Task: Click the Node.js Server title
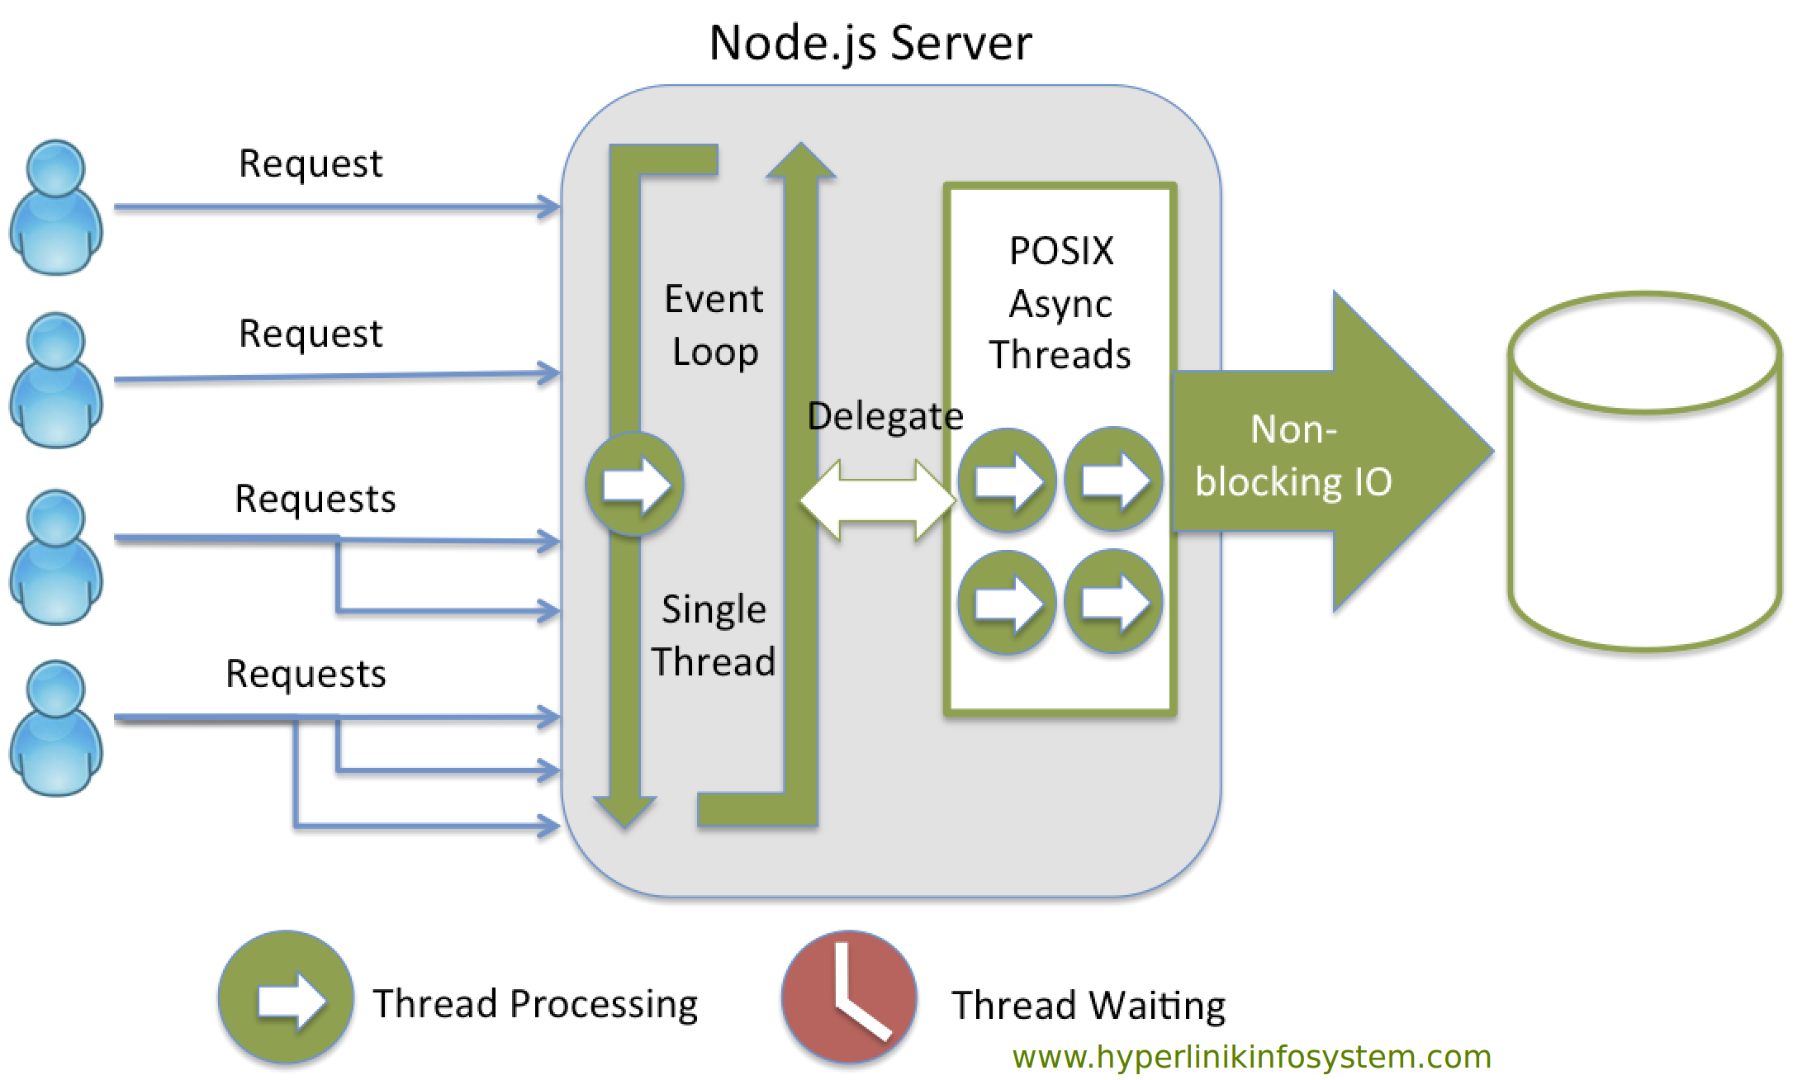click(870, 43)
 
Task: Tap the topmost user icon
click(56, 206)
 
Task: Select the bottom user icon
click(56, 727)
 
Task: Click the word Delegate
click(885, 415)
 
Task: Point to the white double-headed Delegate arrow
click(878, 500)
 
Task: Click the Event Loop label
click(714, 325)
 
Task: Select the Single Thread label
click(714, 635)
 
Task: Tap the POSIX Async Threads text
click(1060, 302)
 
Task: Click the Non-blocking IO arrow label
click(1293, 455)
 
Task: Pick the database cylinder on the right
click(1644, 471)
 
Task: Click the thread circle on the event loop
click(634, 484)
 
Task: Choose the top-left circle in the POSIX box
click(1007, 480)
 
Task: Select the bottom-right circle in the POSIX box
click(1113, 601)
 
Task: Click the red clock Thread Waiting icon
click(849, 997)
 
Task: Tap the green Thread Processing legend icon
click(286, 997)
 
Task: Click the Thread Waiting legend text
click(1088, 1005)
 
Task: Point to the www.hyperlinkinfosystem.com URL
click(1252, 1057)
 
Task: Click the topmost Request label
click(311, 163)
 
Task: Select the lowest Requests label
click(306, 674)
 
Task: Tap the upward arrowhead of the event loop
click(800, 160)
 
